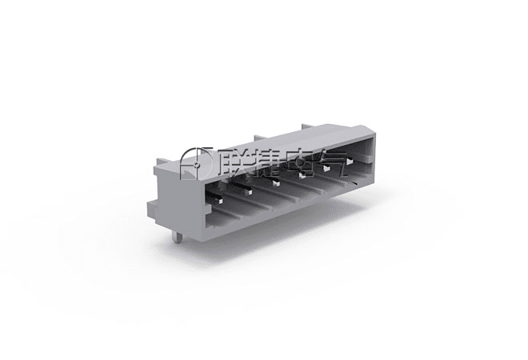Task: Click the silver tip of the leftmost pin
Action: pyautogui.click(x=219, y=202)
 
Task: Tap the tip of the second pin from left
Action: pyautogui.click(x=249, y=192)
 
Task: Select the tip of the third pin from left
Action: pyautogui.click(x=276, y=183)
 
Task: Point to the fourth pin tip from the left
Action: pyautogui.click(x=302, y=175)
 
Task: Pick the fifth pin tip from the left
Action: pyautogui.click(x=326, y=168)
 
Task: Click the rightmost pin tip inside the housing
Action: pyautogui.click(x=350, y=162)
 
